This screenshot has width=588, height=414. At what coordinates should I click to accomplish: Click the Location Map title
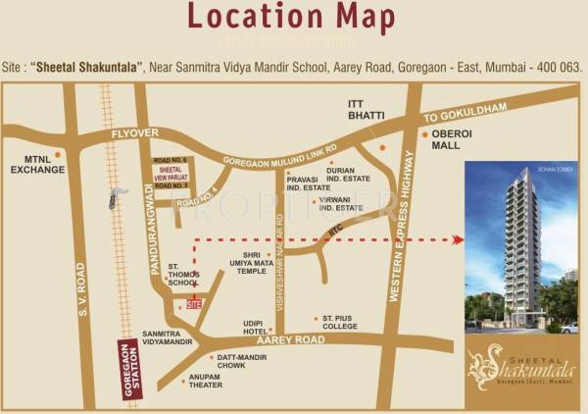(x=293, y=20)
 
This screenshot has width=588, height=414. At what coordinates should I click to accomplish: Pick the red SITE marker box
(x=194, y=305)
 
